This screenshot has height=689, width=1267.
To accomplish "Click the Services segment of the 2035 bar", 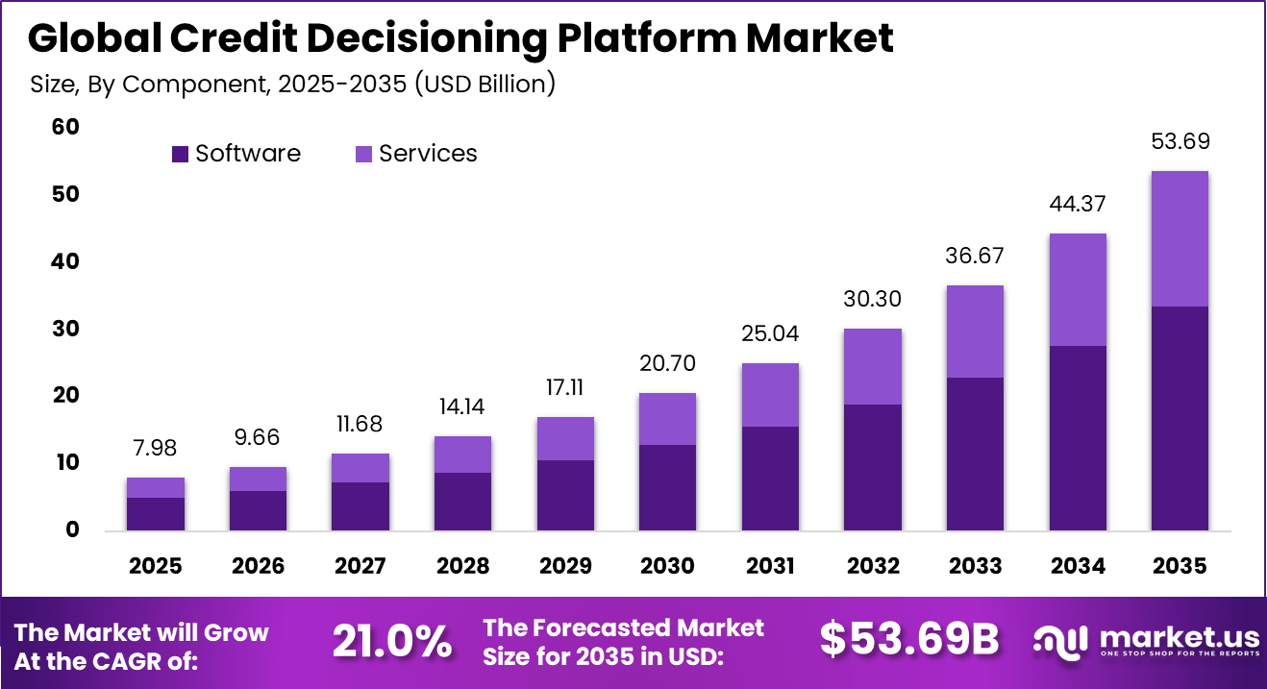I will (1180, 238).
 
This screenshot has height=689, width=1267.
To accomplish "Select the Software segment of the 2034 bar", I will (1077, 437).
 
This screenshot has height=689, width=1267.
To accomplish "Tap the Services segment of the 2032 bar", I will (872, 366).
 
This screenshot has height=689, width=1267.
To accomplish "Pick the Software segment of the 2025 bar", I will (156, 513).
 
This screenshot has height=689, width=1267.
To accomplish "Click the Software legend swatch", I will (180, 154).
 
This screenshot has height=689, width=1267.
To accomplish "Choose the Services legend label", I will (428, 154).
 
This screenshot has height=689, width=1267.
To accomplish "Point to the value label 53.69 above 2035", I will (1180, 142).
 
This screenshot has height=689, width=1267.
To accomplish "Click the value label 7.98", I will (156, 448).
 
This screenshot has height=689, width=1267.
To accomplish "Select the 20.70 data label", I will (667, 363).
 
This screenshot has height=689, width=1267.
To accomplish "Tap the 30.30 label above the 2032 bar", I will (872, 299).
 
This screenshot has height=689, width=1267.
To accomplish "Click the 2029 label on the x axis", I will (565, 566).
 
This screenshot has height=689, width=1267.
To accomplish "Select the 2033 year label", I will (975, 566).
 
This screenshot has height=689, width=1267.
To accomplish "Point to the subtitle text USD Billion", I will (485, 85).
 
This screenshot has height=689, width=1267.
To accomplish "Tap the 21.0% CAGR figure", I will (392, 641).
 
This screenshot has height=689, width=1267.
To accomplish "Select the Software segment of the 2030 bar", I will (667, 486).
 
